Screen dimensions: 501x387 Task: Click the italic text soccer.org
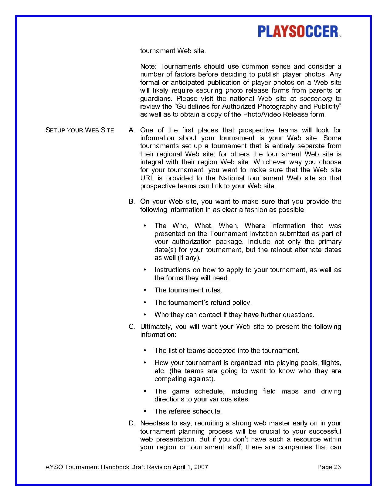click(316, 98)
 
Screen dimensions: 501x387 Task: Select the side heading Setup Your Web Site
click(80, 130)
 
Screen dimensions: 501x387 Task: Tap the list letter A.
click(131, 130)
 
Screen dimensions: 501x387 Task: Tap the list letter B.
click(131, 202)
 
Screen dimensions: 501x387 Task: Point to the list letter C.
click(131, 327)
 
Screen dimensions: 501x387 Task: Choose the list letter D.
click(131, 423)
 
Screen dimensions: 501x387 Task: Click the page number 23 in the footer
click(337, 467)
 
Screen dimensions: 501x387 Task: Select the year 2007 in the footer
click(201, 467)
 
